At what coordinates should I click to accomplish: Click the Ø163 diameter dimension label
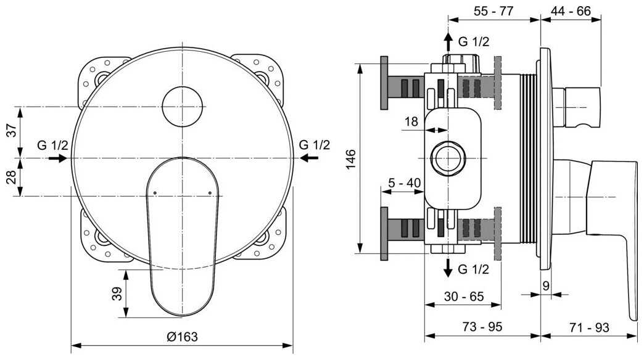pos(182,337)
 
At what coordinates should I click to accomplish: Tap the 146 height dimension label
pos(350,159)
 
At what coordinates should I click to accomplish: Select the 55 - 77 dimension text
pos(493,11)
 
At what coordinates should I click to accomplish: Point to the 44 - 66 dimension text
pos(571,11)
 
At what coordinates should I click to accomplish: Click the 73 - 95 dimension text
pos(482,327)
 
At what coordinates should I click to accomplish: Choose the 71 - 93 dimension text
pos(589,327)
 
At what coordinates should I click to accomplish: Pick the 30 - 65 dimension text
pos(464,297)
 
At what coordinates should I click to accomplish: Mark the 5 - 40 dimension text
pos(405,182)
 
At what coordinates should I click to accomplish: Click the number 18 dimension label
pos(411,121)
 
